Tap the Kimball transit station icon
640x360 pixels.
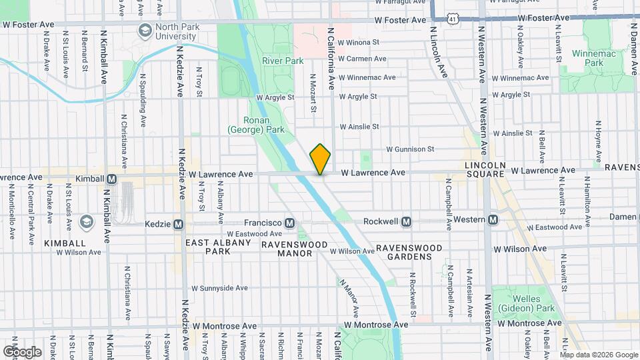coord(111,179)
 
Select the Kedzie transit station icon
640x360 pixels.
coord(178,224)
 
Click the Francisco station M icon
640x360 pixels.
coord(290,223)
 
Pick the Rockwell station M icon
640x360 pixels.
coord(405,221)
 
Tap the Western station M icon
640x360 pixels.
coord(493,220)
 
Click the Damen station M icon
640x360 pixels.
coord(635,217)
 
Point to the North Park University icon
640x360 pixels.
coord(145,31)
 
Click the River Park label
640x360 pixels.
coord(283,61)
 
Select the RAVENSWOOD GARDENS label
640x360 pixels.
coord(409,253)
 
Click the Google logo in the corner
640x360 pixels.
coord(22,351)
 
